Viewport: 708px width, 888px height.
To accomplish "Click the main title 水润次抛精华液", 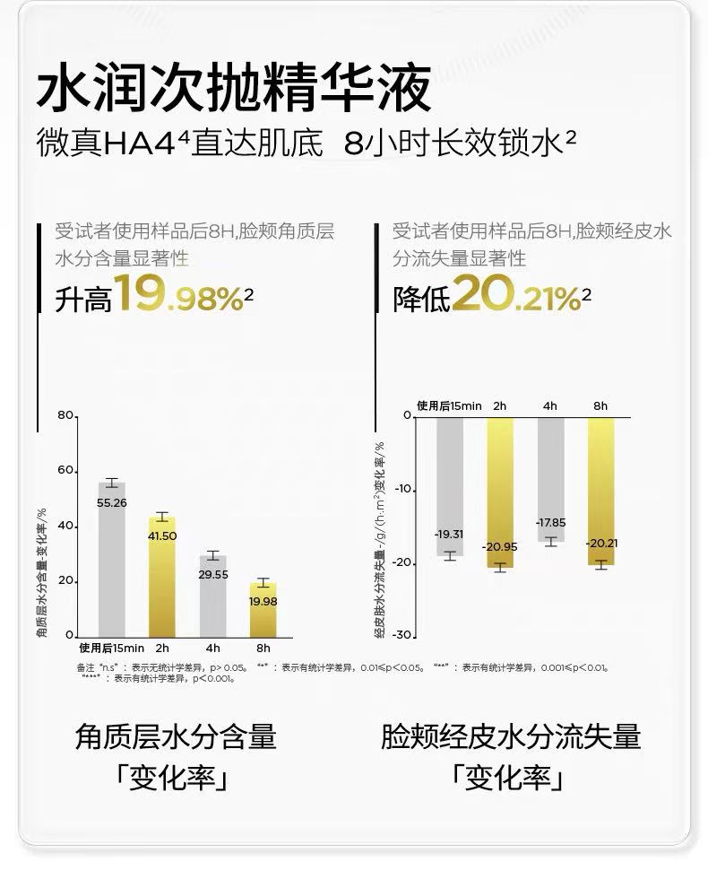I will pos(235,88).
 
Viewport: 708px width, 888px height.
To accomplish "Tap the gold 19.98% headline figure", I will pos(179,295).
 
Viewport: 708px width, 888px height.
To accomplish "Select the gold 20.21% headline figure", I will pos(517,295).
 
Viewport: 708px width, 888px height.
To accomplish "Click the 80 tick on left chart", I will pos(64,416).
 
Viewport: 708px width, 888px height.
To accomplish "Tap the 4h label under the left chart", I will pos(212,648).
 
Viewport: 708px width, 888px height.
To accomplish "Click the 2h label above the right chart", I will pos(500,405).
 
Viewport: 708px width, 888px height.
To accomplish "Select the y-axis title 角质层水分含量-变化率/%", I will pos(42,573).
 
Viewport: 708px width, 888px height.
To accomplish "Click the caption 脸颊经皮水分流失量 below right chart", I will pos(511,737).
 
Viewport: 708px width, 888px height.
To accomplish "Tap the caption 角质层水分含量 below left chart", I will pos(175,737).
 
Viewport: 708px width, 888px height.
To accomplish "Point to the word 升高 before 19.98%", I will pos(82,300).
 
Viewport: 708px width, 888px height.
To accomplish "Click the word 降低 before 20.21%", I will pos(420,300).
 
